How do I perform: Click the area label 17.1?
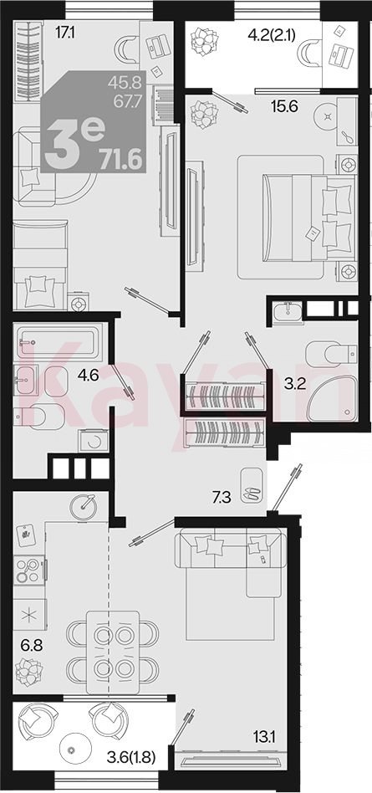pos(64,33)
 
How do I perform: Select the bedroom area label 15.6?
pos(286,106)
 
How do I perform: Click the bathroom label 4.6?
pos(87,375)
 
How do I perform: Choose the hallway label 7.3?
pos(221,498)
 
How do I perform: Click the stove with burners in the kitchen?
pos(29,570)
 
